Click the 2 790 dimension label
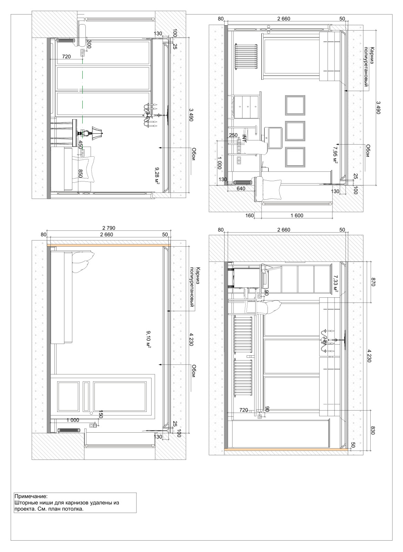[x=108, y=228]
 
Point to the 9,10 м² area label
[x=148, y=339]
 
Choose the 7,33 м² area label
[x=335, y=284]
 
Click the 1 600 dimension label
[x=297, y=215]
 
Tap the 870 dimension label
[x=372, y=282]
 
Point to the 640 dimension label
[x=241, y=188]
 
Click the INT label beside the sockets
[x=244, y=138]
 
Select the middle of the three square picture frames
[x=295, y=131]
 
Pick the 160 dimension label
[x=249, y=215]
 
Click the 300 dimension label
[x=89, y=45]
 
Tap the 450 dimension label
[x=81, y=145]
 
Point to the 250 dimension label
[x=233, y=135]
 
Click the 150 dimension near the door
[x=100, y=414]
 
